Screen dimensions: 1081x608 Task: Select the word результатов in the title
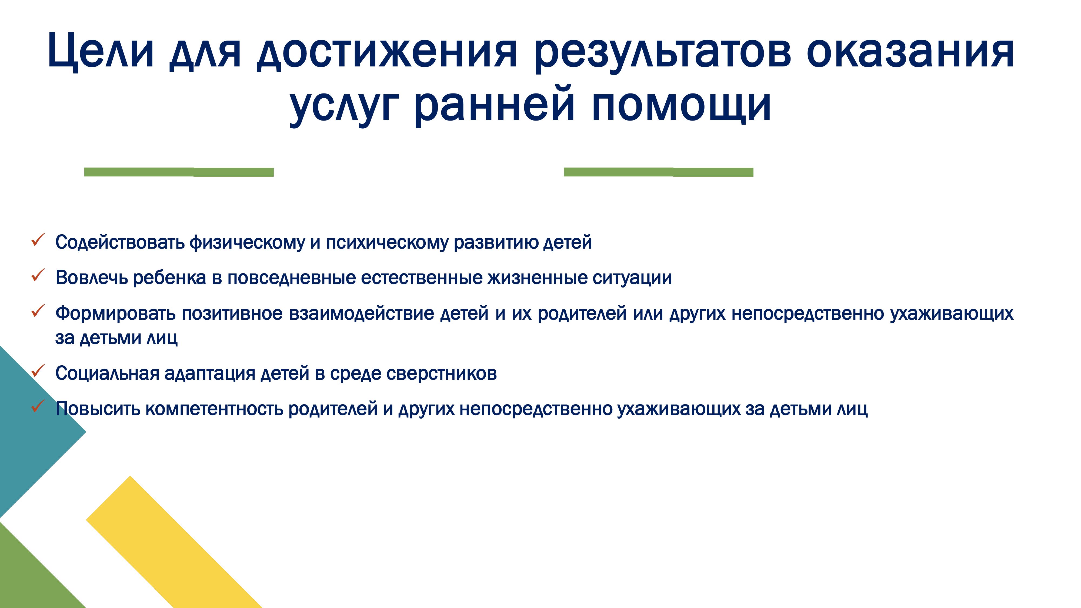[663, 52]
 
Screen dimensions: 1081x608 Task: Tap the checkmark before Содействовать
[38, 240]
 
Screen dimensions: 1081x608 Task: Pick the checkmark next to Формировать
[38, 311]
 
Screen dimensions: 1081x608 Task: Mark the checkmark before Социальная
[38, 371]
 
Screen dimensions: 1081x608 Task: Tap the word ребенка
[169, 278]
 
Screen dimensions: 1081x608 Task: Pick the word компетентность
[214, 409]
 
